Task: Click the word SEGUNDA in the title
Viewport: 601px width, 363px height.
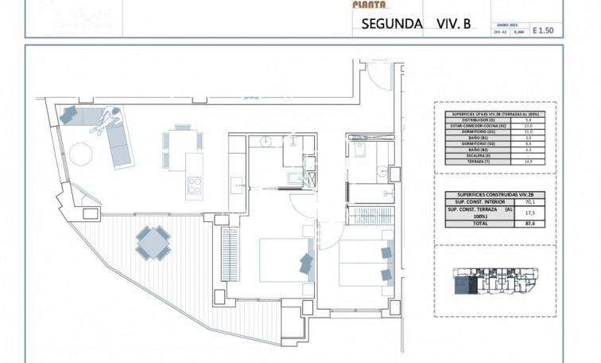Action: pyautogui.click(x=391, y=24)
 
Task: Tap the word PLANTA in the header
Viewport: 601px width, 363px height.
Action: pyautogui.click(x=370, y=4)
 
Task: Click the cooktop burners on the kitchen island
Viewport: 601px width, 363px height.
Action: pyautogui.click(x=195, y=187)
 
